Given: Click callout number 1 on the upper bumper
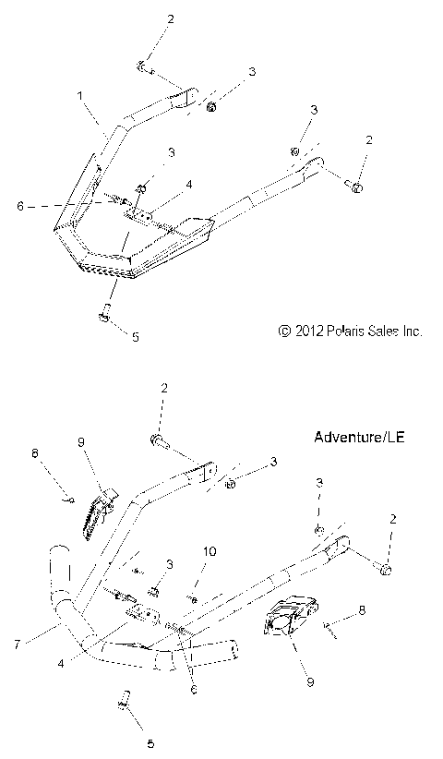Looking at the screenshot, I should point(80,96).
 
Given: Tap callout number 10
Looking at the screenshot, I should point(210,552).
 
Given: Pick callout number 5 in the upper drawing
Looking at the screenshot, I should point(135,337).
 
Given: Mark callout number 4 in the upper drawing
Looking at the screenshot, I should point(188,185).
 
